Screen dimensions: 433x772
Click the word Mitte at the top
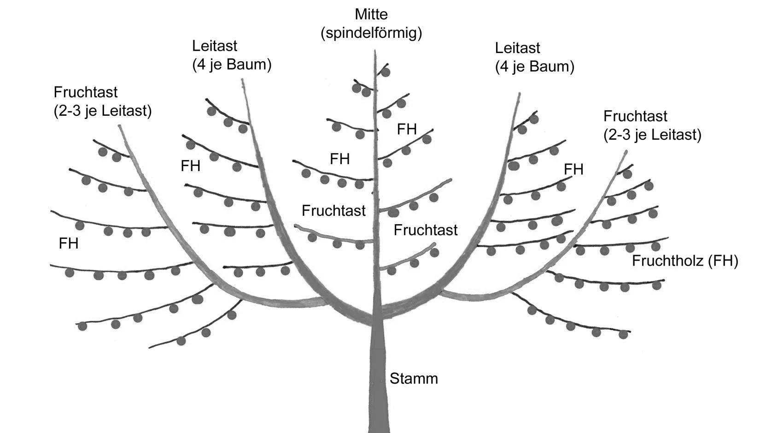(371, 14)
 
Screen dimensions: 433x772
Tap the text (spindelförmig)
(371, 33)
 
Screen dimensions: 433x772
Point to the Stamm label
(414, 379)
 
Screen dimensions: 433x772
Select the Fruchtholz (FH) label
(684, 261)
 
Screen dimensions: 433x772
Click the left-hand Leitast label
(215, 46)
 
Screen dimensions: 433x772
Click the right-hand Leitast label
(517, 47)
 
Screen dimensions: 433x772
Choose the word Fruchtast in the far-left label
(86, 92)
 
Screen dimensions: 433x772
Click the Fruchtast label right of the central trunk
(425, 230)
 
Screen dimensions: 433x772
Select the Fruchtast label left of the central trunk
(333, 211)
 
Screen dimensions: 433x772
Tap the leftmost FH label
(69, 243)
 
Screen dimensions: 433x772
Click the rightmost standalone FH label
(573, 170)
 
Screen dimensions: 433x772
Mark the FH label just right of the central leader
(407, 129)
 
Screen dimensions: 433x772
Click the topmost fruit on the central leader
(386, 72)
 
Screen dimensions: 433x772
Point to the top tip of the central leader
(375, 52)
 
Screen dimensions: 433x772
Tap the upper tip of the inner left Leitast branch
(242, 80)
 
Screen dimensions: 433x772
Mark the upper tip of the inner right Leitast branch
(519, 95)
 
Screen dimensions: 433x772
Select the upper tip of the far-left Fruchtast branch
(121, 126)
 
